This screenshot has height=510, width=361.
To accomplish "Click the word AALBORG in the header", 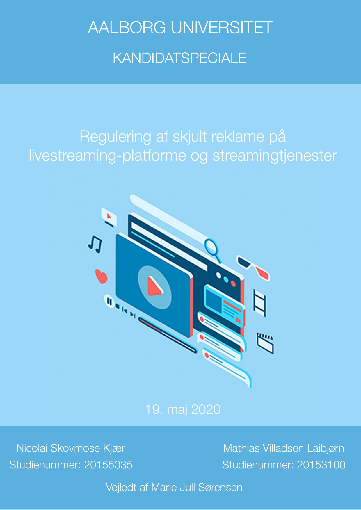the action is tap(127, 28).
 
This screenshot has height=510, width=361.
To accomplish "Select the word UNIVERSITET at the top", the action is tap(222, 28).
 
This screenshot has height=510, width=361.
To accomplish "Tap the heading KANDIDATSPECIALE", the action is tap(180, 58).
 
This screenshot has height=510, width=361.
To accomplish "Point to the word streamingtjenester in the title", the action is tap(275, 156).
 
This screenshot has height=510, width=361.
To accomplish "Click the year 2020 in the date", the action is tap(206, 410).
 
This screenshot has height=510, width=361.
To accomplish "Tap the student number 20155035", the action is tap(108, 465).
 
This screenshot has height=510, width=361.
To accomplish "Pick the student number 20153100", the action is tap(321, 465).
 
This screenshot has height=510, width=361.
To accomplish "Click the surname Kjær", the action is tap(114, 448).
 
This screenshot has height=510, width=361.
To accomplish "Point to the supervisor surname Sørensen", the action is tap(220, 487).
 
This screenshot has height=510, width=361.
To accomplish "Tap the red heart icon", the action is tap(101, 276).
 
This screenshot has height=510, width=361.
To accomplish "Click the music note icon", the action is tap(95, 244).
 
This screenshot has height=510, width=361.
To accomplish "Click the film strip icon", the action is tap(259, 303).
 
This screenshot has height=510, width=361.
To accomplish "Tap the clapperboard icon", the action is tap(265, 343).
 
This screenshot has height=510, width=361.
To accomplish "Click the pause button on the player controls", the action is tap(109, 301).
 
